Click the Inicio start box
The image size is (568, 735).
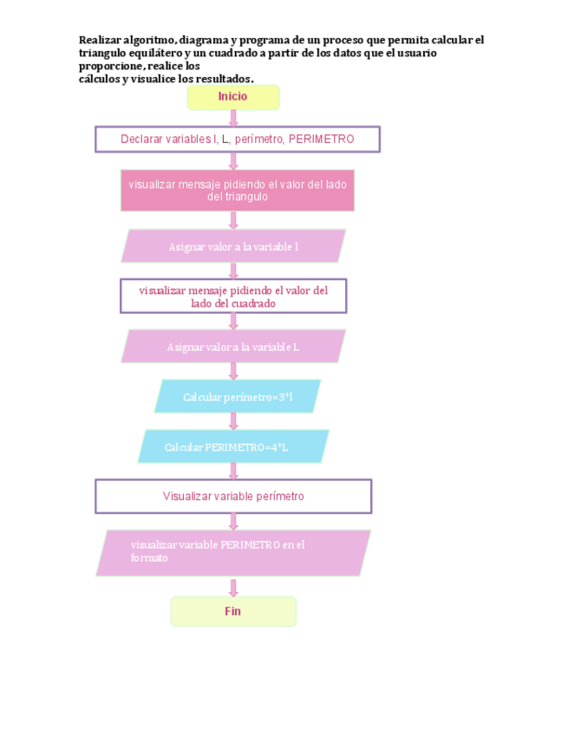click(233, 97)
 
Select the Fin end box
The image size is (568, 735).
click(233, 611)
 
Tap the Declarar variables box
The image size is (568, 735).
click(237, 139)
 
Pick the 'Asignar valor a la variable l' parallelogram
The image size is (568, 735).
click(233, 246)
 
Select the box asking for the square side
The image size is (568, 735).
click(233, 296)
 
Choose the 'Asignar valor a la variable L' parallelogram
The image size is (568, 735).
click(233, 347)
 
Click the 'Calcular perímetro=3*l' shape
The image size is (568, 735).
click(238, 397)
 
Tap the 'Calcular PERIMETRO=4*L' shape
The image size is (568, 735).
click(233, 447)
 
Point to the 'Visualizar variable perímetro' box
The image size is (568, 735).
click(233, 497)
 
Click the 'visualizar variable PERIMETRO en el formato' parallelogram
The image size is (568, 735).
click(233, 552)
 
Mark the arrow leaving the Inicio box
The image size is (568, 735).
click(233, 119)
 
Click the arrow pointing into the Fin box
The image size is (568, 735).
click(233, 587)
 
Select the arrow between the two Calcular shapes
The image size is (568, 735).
click(233, 422)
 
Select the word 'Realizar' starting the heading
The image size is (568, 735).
click(100, 40)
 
